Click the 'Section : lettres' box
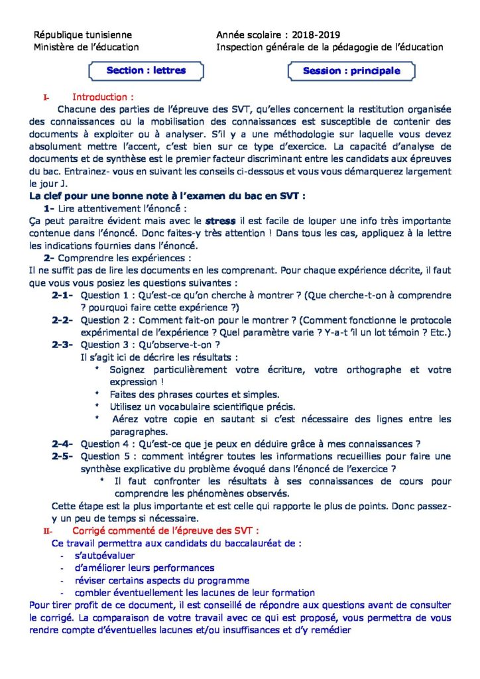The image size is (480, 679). [146, 70]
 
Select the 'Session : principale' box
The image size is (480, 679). [351, 71]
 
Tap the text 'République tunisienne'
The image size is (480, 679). [83, 34]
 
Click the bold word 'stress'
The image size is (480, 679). [221, 220]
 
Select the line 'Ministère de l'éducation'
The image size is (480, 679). [86, 47]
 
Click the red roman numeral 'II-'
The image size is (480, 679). [48, 530]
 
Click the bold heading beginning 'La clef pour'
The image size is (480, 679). [167, 196]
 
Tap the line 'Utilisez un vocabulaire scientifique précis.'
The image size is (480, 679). [202, 406]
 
